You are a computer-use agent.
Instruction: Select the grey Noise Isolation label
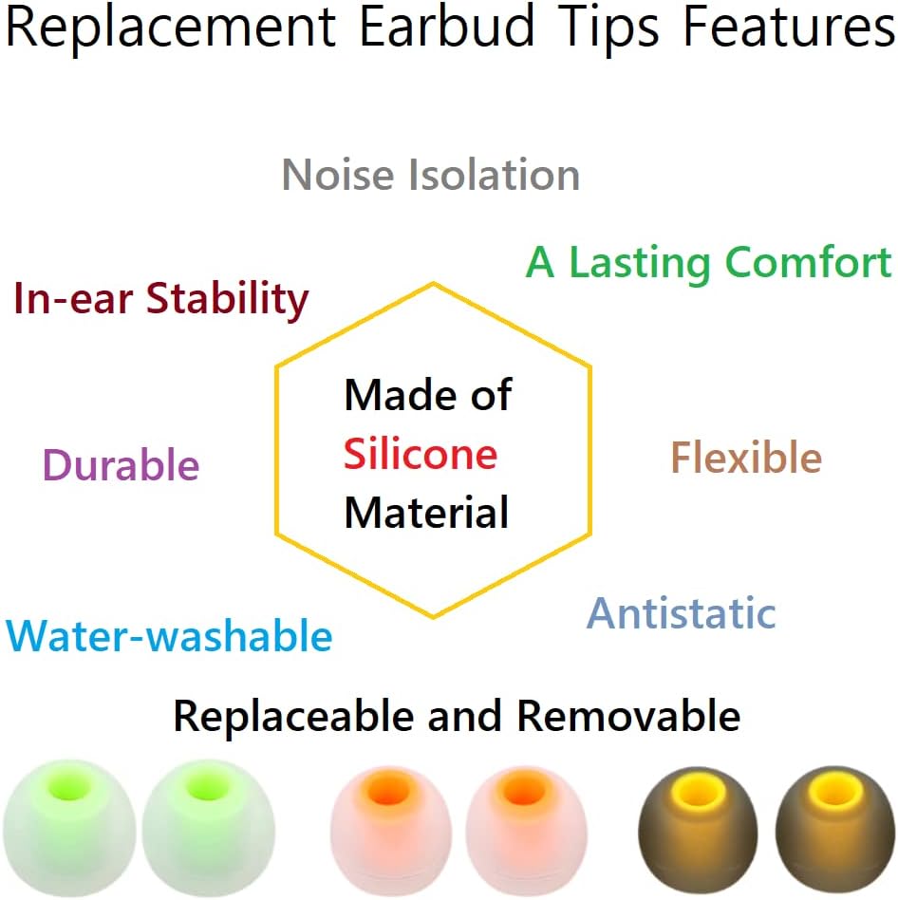click(x=431, y=176)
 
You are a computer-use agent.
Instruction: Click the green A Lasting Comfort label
click(x=709, y=262)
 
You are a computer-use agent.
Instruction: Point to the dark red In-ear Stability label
click(x=161, y=300)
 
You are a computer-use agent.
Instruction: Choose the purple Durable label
click(x=122, y=466)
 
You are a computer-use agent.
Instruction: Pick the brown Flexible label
click(x=746, y=459)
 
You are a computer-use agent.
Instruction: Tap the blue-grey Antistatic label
click(x=682, y=613)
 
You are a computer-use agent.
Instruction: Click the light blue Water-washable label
click(x=170, y=636)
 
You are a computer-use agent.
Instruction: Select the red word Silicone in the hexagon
click(x=421, y=455)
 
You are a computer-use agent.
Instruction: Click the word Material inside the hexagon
click(x=426, y=513)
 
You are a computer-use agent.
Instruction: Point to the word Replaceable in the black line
click(x=295, y=716)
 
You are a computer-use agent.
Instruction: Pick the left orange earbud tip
click(x=389, y=822)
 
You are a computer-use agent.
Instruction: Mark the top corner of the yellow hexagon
click(x=434, y=283)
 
